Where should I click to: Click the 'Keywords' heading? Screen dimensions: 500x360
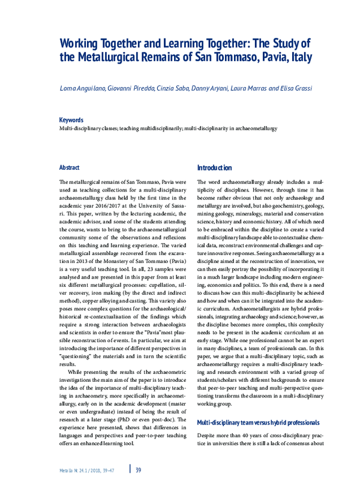71,120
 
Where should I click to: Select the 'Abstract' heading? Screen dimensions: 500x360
69,167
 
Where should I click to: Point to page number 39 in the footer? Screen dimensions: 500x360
138,469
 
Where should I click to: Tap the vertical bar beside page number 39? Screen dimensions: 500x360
130,469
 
